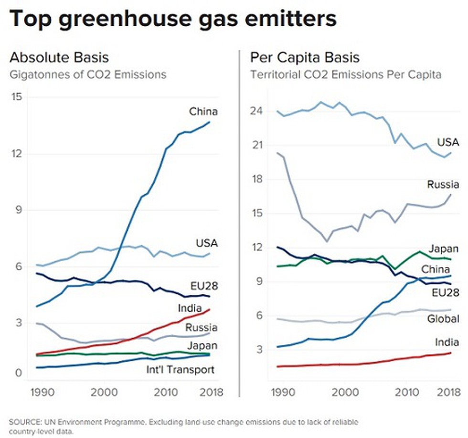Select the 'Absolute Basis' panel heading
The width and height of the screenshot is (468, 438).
click(x=59, y=57)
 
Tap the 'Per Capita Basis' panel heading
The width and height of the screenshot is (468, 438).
click(x=305, y=57)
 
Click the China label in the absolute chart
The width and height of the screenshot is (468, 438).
click(x=203, y=111)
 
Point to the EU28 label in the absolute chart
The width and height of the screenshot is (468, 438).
click(x=204, y=286)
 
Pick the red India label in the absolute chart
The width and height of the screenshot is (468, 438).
click(x=190, y=308)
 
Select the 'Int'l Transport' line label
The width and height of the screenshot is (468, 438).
click(x=181, y=370)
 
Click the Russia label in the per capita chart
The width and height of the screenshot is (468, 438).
click(x=443, y=184)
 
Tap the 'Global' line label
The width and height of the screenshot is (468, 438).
click(x=443, y=319)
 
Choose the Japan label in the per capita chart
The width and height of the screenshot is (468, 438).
click(x=444, y=249)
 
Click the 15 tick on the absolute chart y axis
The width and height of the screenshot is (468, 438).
click(x=17, y=96)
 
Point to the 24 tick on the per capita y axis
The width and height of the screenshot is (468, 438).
click(x=256, y=111)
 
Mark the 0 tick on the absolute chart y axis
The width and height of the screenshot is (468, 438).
click(x=19, y=373)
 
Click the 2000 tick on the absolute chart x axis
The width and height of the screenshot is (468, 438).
click(x=104, y=392)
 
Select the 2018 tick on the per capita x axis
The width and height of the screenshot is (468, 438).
click(x=449, y=392)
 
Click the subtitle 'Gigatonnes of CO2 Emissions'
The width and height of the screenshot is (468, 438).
click(x=88, y=75)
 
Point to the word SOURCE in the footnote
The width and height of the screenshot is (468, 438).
click(x=25, y=422)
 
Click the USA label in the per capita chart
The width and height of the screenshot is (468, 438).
click(x=448, y=142)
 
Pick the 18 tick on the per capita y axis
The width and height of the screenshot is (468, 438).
click(x=256, y=179)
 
